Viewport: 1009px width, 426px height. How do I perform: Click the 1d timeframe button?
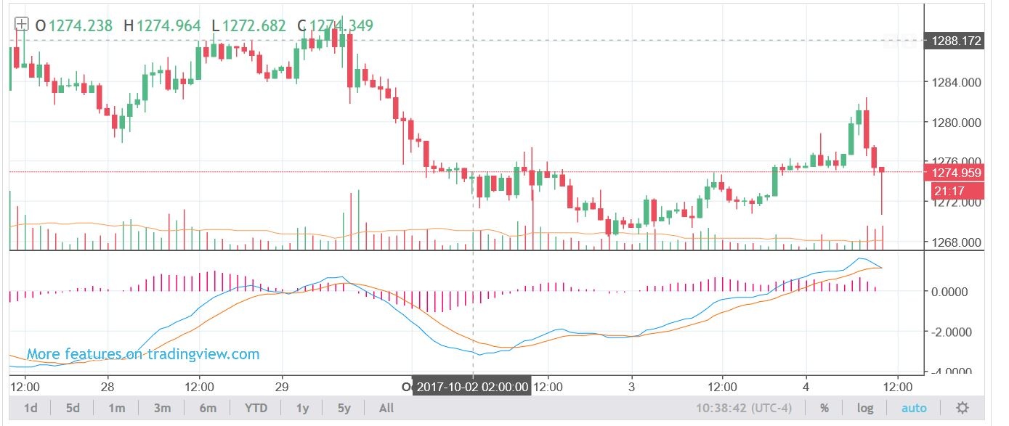pos(31,408)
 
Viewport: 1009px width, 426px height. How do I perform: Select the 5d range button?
pos(73,408)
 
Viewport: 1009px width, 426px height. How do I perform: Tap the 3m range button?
pos(161,408)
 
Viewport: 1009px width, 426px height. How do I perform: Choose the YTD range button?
pos(255,408)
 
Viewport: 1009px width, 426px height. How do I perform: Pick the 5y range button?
pos(344,408)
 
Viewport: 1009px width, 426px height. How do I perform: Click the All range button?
pos(386,408)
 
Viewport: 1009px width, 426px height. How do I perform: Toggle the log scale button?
pos(865,408)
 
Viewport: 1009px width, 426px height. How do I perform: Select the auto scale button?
pos(913,408)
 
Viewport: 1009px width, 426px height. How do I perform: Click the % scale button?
pos(824,408)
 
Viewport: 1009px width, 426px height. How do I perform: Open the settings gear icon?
pos(963,408)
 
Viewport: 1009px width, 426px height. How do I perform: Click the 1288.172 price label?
pos(956,41)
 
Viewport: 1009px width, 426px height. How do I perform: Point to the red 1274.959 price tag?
pos(956,173)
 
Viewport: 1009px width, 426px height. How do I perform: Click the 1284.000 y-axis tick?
pos(955,82)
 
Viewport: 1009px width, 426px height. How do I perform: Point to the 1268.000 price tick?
pos(955,242)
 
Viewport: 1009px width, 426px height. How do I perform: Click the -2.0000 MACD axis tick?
pos(952,332)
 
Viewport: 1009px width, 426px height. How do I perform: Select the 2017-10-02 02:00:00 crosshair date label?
pos(471,387)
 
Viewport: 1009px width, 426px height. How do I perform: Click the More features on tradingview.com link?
pos(143,354)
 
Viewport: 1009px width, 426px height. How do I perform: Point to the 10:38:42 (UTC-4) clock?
pos(755,408)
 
